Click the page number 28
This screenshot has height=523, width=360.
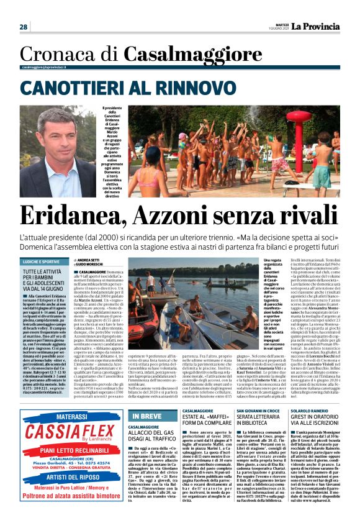point(23,27)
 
